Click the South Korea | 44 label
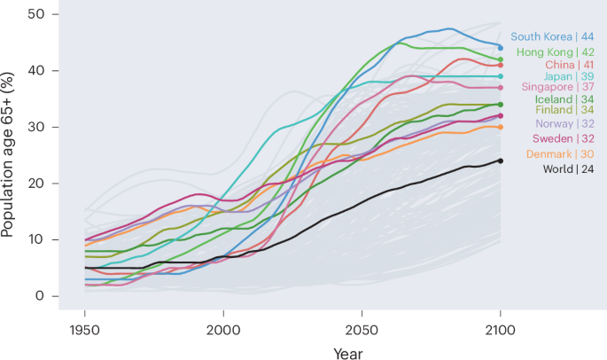[552, 37]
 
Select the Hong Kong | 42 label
[555, 52]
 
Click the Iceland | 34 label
[563, 99]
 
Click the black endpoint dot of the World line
[501, 160]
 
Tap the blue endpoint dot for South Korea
[501, 48]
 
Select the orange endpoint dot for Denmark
[501, 127]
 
